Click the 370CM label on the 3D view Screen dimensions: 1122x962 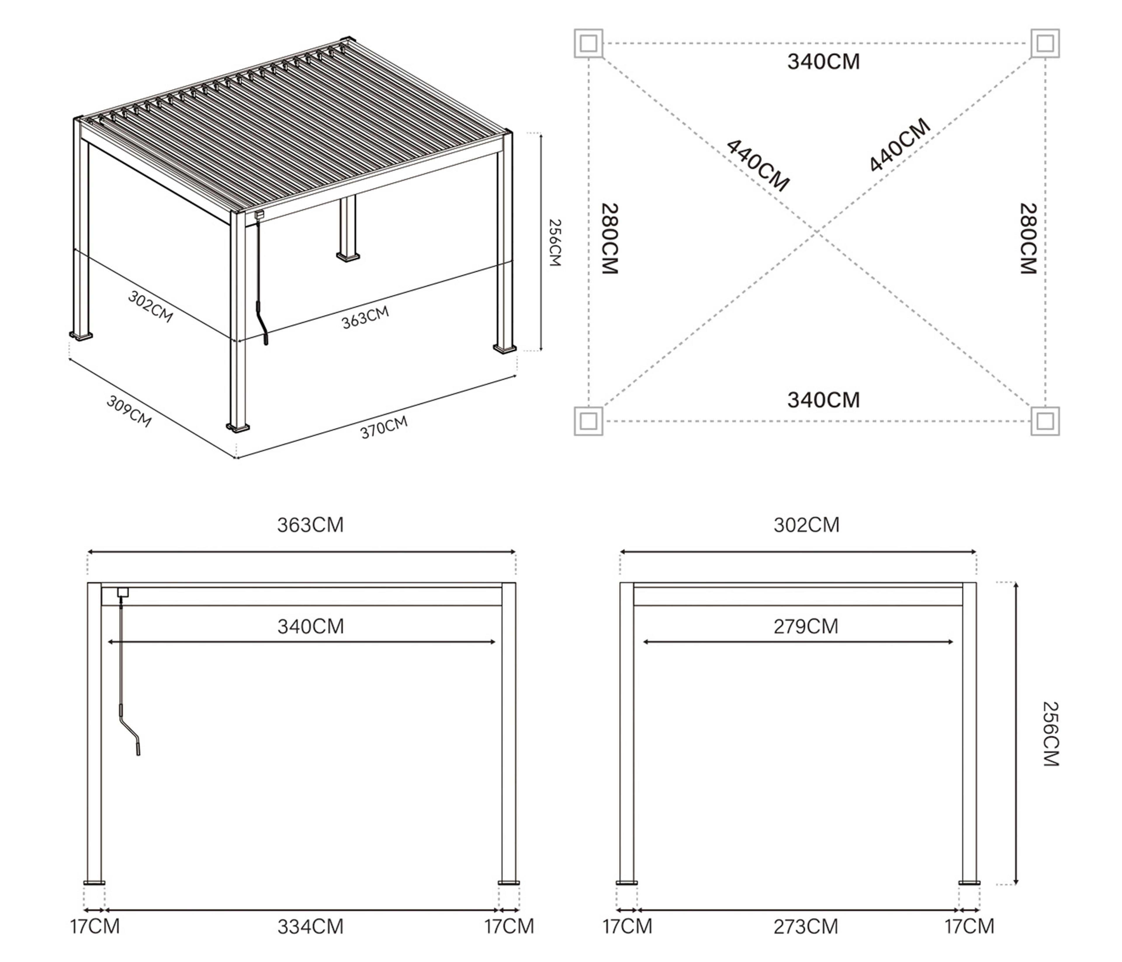click(x=384, y=427)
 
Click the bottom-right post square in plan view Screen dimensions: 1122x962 click(x=1045, y=421)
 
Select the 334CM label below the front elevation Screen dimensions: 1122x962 click(x=310, y=927)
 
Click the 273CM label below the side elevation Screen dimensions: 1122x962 click(x=806, y=927)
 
